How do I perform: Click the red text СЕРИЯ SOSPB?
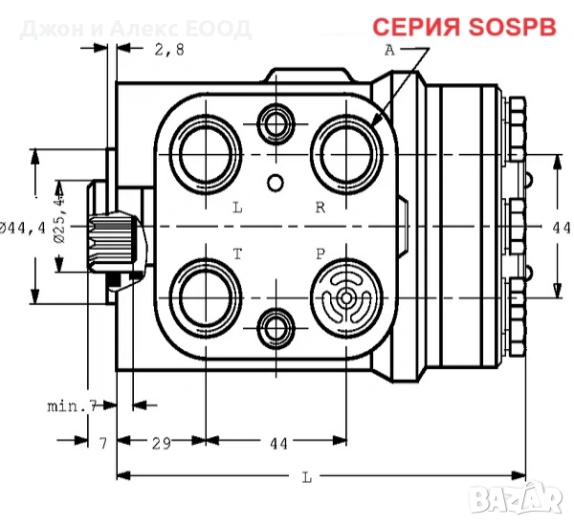tap(463, 27)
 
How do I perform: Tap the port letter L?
tap(237, 207)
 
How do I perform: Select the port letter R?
tap(321, 207)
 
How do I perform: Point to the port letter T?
tap(237, 253)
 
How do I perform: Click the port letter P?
tap(321, 253)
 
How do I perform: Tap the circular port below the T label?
tap(207, 297)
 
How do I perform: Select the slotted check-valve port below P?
tap(346, 297)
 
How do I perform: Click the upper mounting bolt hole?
tap(276, 121)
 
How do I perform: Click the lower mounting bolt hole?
tap(276, 326)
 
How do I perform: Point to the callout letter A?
tap(389, 52)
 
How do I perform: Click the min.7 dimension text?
tap(74, 405)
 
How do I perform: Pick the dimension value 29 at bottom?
tap(161, 443)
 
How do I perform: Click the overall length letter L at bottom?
tap(305, 475)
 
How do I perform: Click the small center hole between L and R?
tap(276, 182)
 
